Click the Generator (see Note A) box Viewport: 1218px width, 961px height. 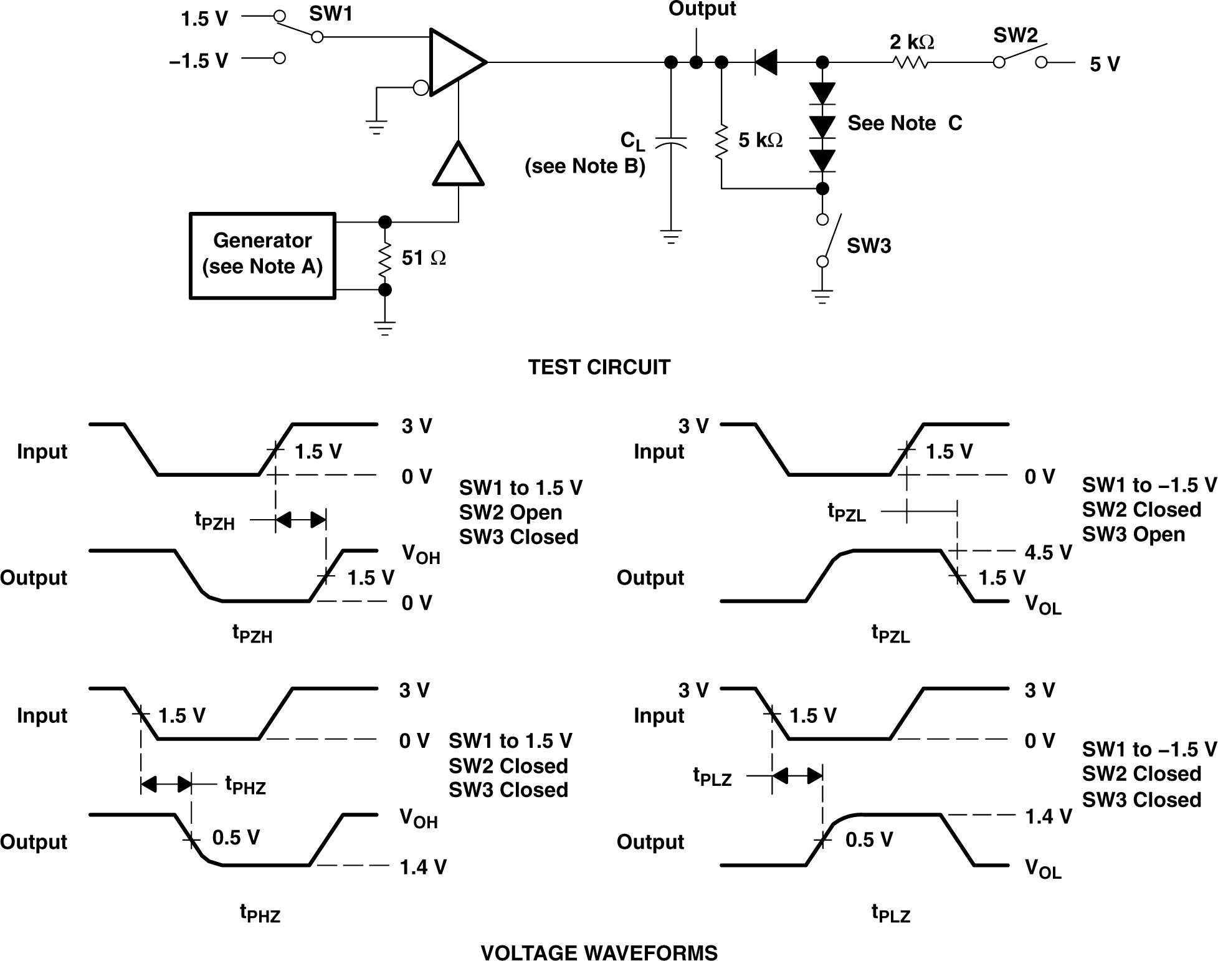(262, 256)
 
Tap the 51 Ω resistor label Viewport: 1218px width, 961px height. (423, 258)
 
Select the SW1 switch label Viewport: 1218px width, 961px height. (331, 14)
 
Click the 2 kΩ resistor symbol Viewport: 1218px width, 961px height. (910, 62)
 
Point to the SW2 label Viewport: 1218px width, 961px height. (1016, 36)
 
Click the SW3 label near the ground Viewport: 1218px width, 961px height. (868, 246)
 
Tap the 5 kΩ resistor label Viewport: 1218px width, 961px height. (760, 140)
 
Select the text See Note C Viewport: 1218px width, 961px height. (904, 123)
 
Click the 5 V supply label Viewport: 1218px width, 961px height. (1105, 64)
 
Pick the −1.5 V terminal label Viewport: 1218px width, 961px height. (199, 60)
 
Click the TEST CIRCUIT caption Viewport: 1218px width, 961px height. (599, 367)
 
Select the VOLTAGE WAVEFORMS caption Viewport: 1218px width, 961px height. (599, 953)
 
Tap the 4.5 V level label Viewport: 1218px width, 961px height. (1048, 552)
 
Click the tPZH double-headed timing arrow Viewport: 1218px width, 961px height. (300, 519)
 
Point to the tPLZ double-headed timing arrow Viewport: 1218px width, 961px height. (797, 776)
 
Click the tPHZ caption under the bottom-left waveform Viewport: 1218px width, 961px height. (260, 913)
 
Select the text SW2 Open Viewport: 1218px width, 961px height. (510, 512)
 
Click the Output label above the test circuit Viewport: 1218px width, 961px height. (702, 9)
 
